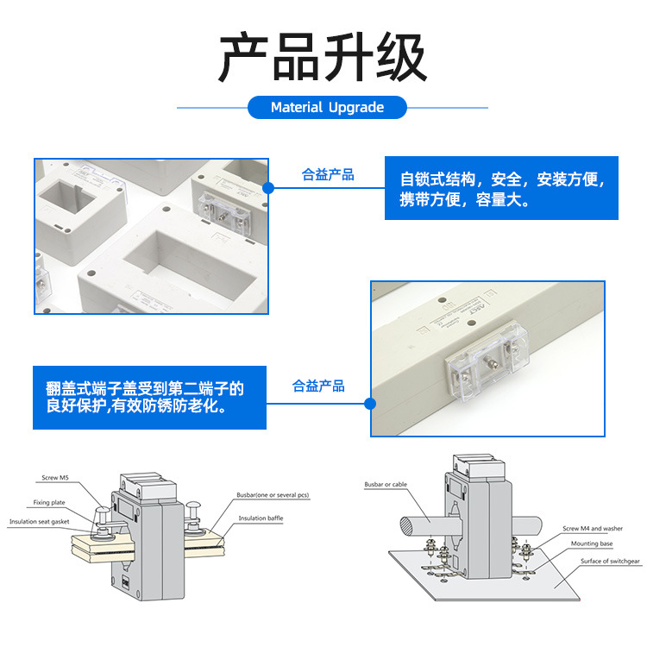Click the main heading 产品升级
click(x=323, y=58)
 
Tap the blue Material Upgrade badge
click(x=327, y=108)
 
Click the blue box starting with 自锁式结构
click(x=501, y=189)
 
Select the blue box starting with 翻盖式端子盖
click(x=145, y=399)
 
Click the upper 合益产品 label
click(x=328, y=175)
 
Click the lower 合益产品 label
click(x=318, y=386)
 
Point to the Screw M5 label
click(x=54, y=477)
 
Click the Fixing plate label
click(x=49, y=502)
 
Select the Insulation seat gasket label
click(x=40, y=522)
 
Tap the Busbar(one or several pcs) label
click(x=273, y=495)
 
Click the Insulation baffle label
click(x=261, y=518)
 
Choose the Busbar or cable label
click(x=386, y=485)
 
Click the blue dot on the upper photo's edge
click(x=268, y=187)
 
